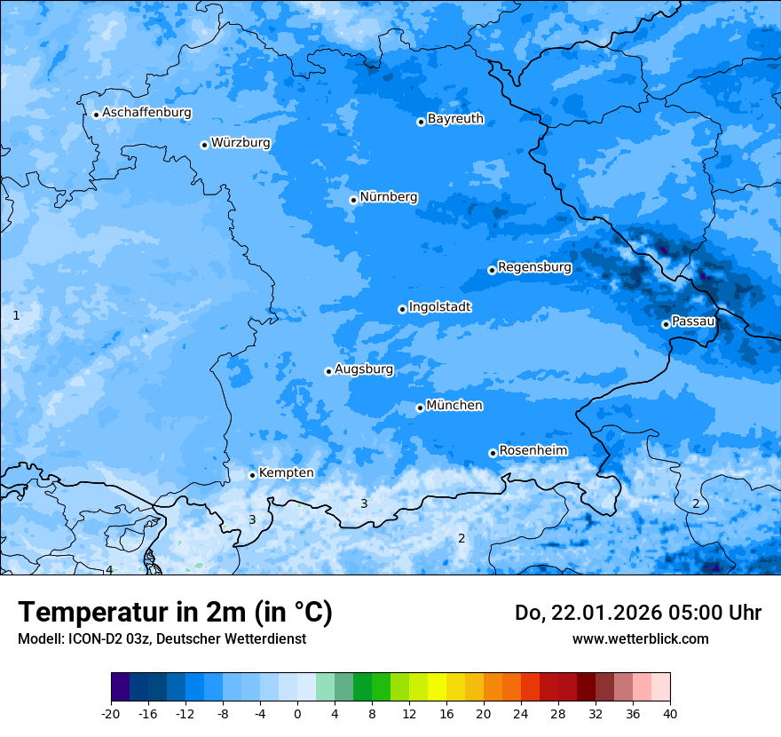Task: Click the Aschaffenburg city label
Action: (146, 113)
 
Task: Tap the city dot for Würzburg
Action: (204, 145)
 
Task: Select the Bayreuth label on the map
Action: (455, 119)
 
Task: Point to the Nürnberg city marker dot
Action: (353, 200)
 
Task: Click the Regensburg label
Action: (534, 267)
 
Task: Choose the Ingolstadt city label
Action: (439, 307)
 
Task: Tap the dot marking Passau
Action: (666, 324)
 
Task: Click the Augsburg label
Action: (364, 369)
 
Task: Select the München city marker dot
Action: (420, 408)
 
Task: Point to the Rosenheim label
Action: (532, 451)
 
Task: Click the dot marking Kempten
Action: (252, 475)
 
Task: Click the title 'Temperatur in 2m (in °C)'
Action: (175, 613)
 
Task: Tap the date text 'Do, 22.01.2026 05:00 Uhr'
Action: (637, 613)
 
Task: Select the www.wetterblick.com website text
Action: (640, 638)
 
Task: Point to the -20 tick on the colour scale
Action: (111, 713)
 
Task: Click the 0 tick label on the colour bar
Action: (297, 713)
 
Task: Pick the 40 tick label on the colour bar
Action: (669, 713)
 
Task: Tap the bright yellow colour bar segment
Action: (437, 687)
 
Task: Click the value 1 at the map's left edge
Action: (16, 315)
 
